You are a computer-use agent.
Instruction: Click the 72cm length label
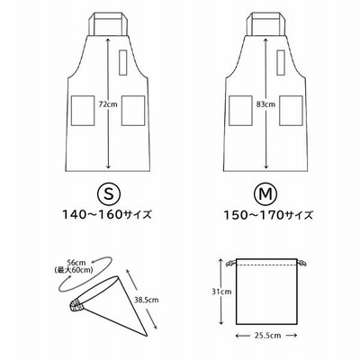[x=108, y=104]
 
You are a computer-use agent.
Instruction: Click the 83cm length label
[x=265, y=104]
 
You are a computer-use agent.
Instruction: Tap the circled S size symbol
[x=109, y=194]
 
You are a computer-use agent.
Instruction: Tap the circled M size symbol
[x=266, y=194]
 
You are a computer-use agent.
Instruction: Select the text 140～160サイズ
[x=106, y=215]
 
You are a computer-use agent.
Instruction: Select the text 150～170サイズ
[x=268, y=215]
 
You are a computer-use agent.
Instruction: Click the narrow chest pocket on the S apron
[x=122, y=62]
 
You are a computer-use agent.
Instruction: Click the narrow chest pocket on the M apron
[x=281, y=62]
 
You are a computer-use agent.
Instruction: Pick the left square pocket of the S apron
[x=83, y=111]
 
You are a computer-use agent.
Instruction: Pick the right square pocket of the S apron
[x=133, y=111]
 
